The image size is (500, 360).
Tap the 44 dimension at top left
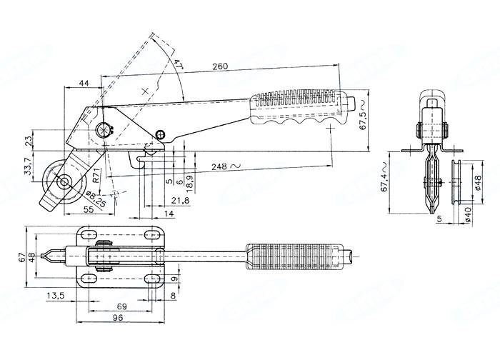coord(84,84)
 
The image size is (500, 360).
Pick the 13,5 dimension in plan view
coord(57,295)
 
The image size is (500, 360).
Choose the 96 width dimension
coord(116,320)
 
